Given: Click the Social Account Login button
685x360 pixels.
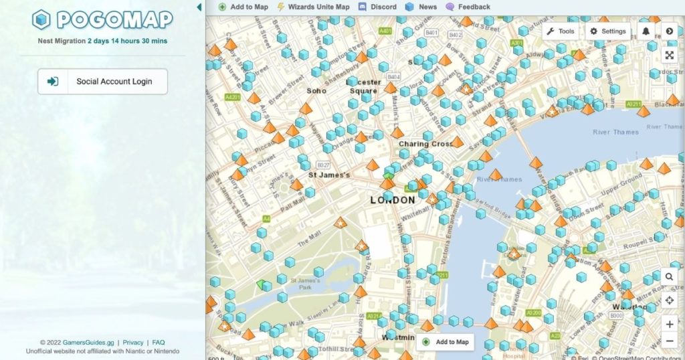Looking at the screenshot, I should (102, 82).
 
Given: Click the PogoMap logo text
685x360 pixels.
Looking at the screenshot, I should (114, 20).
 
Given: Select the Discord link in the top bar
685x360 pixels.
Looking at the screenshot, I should (378, 7).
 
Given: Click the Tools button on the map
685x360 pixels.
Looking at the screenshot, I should (561, 31).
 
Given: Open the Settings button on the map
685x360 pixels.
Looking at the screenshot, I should (607, 31).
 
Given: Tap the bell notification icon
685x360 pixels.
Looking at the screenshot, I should (646, 31).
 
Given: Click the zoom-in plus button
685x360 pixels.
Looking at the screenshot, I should (670, 324).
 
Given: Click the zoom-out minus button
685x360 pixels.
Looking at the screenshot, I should (670, 341).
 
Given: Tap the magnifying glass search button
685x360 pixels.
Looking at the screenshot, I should (670, 276).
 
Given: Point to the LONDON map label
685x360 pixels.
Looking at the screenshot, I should (393, 200).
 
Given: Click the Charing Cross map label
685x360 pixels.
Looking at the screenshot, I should (425, 144).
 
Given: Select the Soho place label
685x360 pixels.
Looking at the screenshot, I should (316, 90).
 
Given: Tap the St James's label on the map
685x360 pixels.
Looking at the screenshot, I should (329, 175).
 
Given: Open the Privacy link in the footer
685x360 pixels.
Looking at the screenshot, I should (133, 343).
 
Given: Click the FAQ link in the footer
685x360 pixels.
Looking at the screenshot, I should (159, 343).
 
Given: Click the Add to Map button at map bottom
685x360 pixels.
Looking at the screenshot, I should (446, 342).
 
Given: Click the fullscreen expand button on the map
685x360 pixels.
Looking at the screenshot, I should (670, 56).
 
